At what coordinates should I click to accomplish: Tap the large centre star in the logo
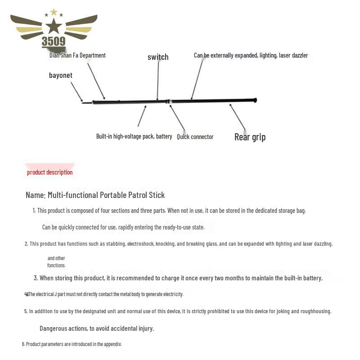pyautogui.click(x=54, y=26)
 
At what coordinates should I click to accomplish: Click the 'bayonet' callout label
pyautogui.click(x=61, y=76)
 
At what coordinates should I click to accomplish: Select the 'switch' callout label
pyautogui.click(x=158, y=57)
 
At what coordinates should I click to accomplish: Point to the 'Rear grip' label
pyautogui.click(x=250, y=137)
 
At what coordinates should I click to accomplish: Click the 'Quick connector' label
pyautogui.click(x=195, y=137)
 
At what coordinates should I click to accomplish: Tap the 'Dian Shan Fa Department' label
pyautogui.click(x=77, y=55)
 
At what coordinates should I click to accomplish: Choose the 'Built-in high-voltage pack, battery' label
pyautogui.click(x=134, y=136)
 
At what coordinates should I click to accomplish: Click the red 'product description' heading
pyautogui.click(x=49, y=172)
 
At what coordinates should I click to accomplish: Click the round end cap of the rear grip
pyautogui.click(x=255, y=100)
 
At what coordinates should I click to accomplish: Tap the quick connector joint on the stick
pyautogui.click(x=169, y=102)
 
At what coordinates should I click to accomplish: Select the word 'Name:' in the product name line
pyautogui.click(x=36, y=195)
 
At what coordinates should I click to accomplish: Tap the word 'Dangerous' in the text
pyautogui.click(x=55, y=328)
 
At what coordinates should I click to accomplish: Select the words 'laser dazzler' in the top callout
pyautogui.click(x=293, y=55)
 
